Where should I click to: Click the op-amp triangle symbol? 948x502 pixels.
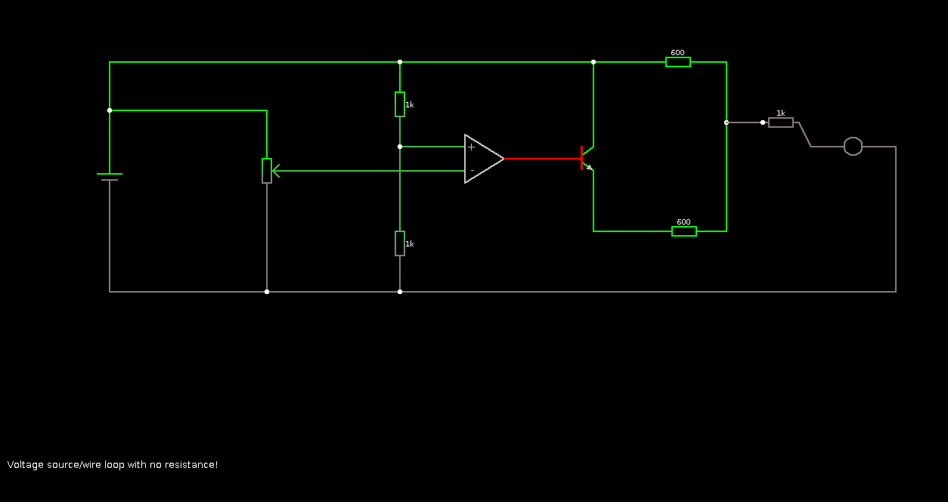click(x=483, y=159)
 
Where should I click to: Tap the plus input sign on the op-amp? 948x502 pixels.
click(x=471, y=147)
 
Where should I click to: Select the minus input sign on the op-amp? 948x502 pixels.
click(x=472, y=171)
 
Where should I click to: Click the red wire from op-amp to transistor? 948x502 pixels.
click(x=542, y=159)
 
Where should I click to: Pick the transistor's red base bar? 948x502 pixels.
click(x=581, y=159)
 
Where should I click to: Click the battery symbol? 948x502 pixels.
click(x=110, y=177)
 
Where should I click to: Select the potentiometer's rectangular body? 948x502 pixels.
click(x=267, y=171)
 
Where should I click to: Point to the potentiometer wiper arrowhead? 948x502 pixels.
click(x=275, y=171)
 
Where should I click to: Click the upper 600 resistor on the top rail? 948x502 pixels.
click(x=678, y=62)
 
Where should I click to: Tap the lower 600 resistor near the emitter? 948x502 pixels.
click(x=684, y=231)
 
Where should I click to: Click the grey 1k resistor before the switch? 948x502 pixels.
click(x=781, y=122)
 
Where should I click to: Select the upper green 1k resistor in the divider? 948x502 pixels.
click(x=400, y=104)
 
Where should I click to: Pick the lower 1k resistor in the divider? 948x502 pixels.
click(x=400, y=243)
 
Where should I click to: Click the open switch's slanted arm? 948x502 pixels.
click(x=805, y=135)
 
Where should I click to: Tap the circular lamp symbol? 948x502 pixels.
click(x=853, y=147)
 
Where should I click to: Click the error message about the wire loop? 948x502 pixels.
click(x=113, y=464)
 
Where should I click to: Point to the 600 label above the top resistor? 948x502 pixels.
click(x=677, y=53)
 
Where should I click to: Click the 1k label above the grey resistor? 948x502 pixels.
click(x=781, y=113)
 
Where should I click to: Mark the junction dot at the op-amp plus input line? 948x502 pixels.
click(x=400, y=147)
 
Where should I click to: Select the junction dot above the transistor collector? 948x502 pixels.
click(x=593, y=62)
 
